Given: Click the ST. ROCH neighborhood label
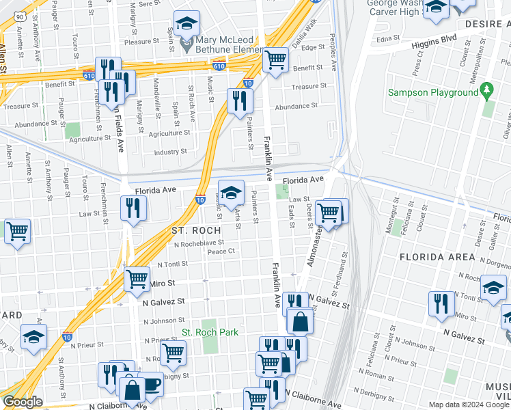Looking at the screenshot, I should coord(196,231).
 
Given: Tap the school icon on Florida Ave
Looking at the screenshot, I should coord(231,193).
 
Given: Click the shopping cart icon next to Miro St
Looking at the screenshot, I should coord(137,279).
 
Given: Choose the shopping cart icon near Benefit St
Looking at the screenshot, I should coord(275,59).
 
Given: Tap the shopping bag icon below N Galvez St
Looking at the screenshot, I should coord(300,320).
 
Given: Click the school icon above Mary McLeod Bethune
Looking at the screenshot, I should coord(186,24).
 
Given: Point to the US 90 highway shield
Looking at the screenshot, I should coord(20,15).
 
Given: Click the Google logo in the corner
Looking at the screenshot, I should coord(23,402).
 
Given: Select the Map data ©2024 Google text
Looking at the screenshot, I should coord(469,405).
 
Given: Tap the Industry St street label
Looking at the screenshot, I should coord(170,152).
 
